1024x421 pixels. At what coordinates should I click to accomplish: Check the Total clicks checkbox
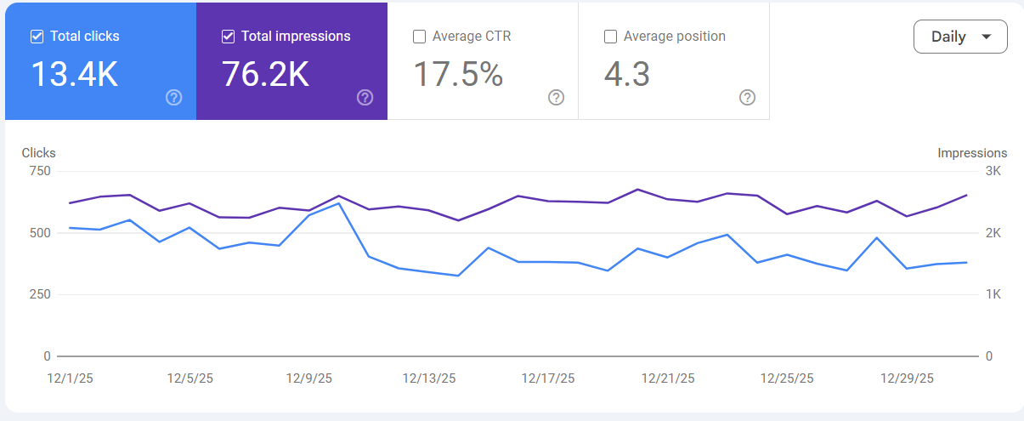click(37, 37)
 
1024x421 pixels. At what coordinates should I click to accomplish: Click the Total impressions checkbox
click(228, 37)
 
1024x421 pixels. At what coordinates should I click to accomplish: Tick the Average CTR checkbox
click(419, 37)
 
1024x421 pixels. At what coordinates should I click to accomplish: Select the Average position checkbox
click(610, 37)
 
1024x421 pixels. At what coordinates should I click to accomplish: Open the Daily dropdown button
click(960, 37)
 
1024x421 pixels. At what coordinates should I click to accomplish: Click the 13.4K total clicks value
click(75, 75)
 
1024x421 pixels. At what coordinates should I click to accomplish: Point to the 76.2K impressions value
click(265, 75)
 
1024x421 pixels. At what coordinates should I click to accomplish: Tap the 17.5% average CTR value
click(458, 75)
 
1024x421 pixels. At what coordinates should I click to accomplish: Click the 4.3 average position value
click(627, 75)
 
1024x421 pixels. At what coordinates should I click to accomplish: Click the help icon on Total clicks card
click(174, 97)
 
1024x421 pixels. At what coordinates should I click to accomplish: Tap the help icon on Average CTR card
click(557, 97)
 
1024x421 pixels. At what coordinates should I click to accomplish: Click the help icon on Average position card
click(748, 97)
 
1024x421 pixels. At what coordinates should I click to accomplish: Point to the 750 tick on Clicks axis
click(41, 171)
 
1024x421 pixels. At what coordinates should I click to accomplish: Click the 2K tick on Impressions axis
click(993, 233)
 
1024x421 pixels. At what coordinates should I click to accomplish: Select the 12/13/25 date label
click(429, 378)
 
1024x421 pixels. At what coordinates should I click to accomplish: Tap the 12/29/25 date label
click(907, 378)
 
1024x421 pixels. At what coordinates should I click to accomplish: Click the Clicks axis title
click(39, 153)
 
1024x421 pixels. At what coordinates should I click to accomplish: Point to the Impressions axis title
click(972, 153)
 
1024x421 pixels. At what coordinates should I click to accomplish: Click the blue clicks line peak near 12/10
click(339, 203)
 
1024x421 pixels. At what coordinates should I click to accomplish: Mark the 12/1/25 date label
click(70, 378)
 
